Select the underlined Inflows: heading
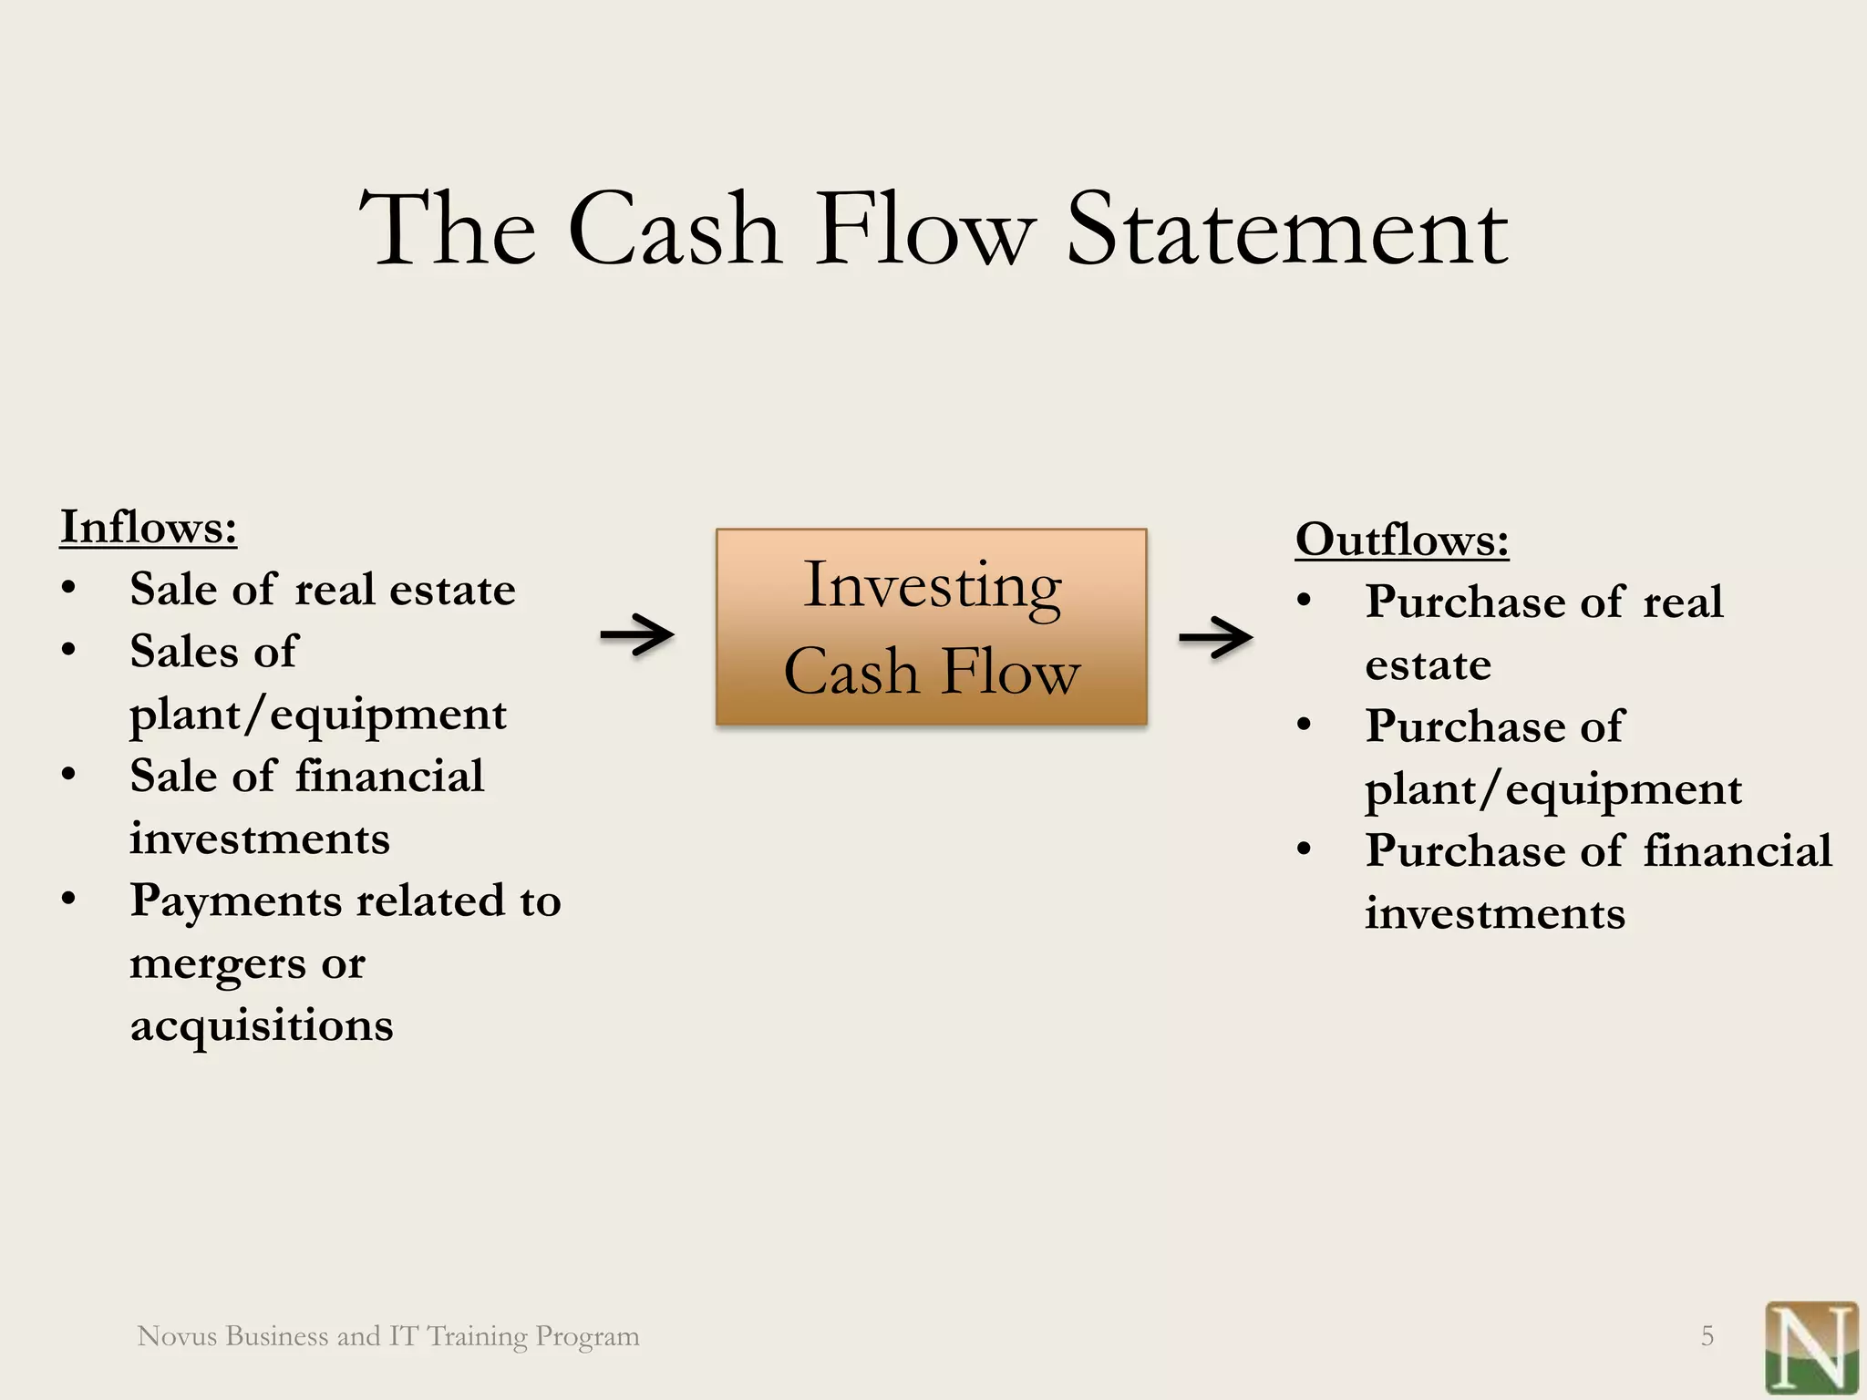149,527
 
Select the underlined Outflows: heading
1402,540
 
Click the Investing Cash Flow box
931,627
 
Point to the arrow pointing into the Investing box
636,634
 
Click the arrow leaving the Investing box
1215,637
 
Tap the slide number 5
1707,1336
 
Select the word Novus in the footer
177,1336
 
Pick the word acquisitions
262,1026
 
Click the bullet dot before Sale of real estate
69,589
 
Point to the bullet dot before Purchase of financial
1305,850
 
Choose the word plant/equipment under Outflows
1552,789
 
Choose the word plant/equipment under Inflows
317,715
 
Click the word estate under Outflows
1428,665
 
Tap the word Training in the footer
477,1336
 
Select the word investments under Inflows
259,839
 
